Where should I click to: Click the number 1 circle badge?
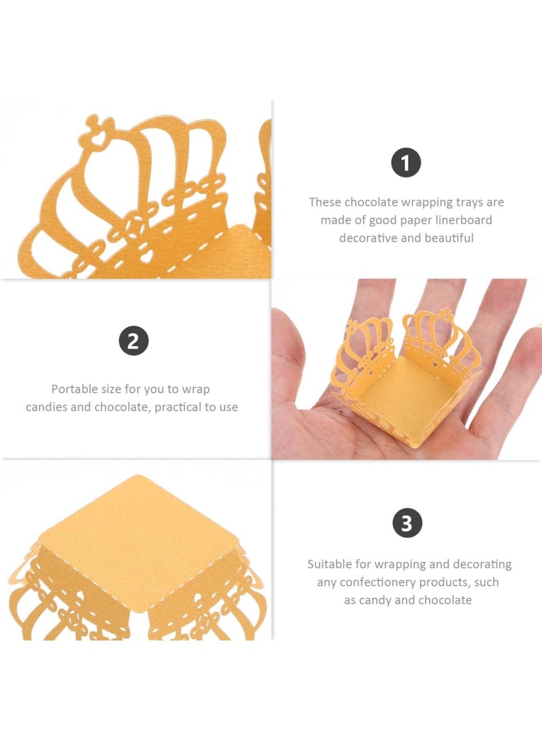click(406, 163)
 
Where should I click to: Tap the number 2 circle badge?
click(133, 341)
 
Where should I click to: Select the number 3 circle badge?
click(406, 524)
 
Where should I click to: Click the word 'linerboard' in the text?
click(459, 220)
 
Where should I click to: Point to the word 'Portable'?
click(75, 389)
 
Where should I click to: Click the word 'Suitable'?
click(331, 564)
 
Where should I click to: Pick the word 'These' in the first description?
click(325, 202)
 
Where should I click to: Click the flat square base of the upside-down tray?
click(135, 535)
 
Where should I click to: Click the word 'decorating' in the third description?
click(480, 564)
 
